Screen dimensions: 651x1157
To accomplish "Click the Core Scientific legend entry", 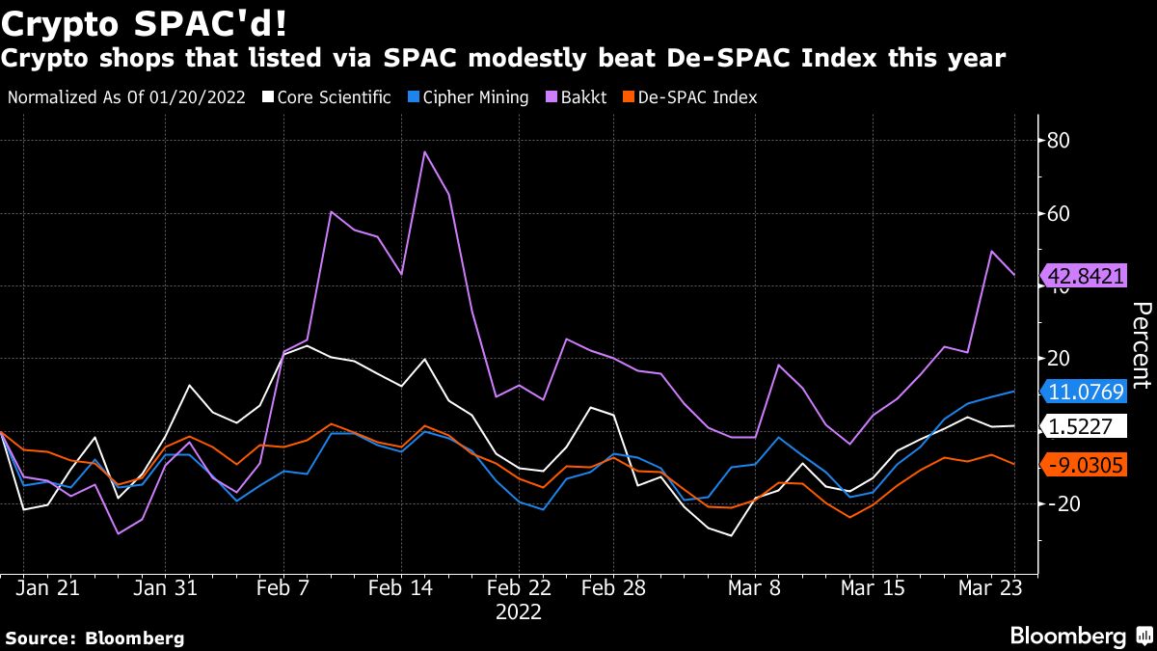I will coord(329,97).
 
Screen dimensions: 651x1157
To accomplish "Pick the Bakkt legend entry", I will coord(578,97).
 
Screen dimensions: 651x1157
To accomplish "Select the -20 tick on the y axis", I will coord(1059,503).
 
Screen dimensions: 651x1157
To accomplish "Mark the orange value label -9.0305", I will coord(1084,465).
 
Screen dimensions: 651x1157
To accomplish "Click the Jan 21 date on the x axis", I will coord(48,587).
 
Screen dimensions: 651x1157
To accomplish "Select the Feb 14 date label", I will coord(401,587).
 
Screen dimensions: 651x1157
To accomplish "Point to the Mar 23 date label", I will coord(991,587).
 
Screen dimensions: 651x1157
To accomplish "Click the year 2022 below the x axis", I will coord(519,611).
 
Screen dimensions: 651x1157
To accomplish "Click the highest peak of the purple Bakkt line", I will coord(424,151).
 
